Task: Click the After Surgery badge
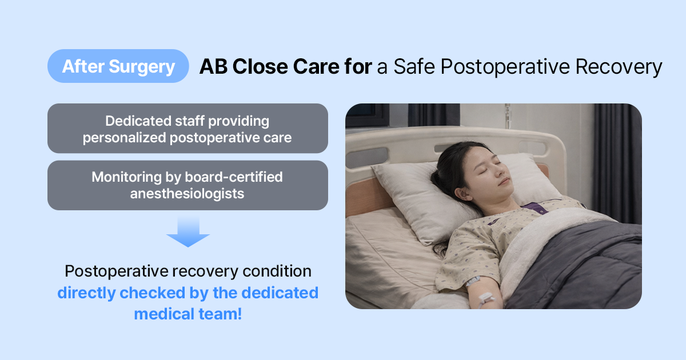118,66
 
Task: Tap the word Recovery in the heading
619,67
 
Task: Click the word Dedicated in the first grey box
138,121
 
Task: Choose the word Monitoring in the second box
126,177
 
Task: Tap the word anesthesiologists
187,194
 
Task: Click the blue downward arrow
188,232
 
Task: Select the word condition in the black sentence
277,271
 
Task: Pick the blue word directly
86,293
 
